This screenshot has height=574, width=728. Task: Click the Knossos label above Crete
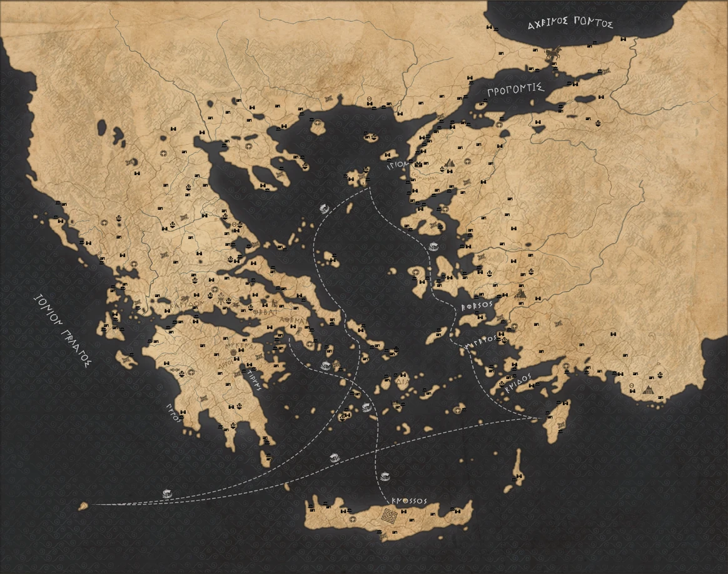pos(409,501)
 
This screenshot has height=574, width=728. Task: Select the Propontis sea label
pos(517,90)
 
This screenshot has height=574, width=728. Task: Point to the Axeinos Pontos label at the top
pos(569,24)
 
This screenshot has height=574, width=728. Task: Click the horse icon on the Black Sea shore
pos(552,55)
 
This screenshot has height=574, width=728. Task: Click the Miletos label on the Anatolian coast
pos(480,341)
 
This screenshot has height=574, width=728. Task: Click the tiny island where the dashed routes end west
pos(83,506)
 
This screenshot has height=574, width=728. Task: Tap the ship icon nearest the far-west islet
pos(166,493)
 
